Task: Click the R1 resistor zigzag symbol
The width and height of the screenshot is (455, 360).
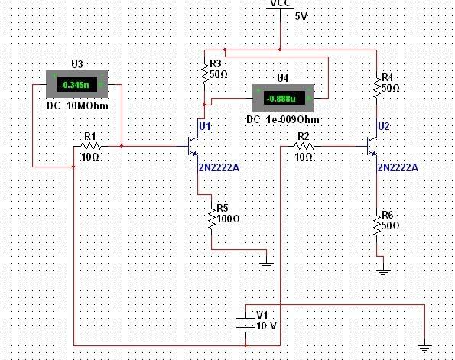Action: point(90,146)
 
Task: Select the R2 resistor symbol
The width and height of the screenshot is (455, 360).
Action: point(304,146)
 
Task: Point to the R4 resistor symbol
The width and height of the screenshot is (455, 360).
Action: point(377,87)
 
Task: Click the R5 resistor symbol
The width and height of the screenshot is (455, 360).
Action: point(212,219)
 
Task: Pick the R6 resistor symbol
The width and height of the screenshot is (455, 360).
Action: point(377,225)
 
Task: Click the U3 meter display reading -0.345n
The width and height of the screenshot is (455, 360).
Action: point(77,84)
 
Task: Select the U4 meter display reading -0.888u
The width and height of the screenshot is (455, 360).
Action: point(284,99)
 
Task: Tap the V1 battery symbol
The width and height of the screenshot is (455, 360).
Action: point(245,323)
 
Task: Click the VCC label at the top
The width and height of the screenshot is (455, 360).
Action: point(281,2)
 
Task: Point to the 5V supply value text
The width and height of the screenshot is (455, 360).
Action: point(301,17)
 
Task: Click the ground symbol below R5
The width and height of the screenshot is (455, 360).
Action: point(266,265)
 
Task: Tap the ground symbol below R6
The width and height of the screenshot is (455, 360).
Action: point(383,272)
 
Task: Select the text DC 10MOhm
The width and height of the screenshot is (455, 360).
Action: point(78,106)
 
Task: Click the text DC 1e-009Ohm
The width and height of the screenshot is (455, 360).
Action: point(283,120)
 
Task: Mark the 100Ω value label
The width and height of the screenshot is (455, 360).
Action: point(229,219)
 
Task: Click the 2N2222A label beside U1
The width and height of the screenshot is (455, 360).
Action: point(219,167)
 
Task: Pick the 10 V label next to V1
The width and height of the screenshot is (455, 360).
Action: point(267,326)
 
